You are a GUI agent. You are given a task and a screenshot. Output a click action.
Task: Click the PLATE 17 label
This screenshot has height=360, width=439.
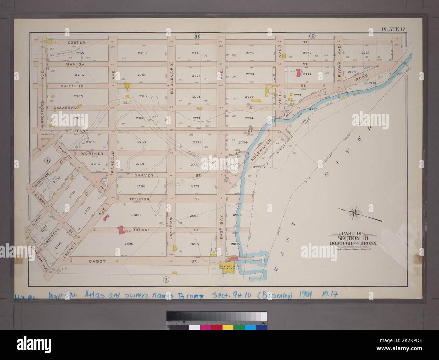click(x=393, y=29)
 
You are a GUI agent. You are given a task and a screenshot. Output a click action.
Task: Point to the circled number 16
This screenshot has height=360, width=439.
click(x=47, y=161)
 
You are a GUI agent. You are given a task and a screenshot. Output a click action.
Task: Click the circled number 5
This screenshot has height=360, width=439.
click(x=165, y=279)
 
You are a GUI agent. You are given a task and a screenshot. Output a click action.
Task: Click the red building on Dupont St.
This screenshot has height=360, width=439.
click(x=120, y=230)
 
